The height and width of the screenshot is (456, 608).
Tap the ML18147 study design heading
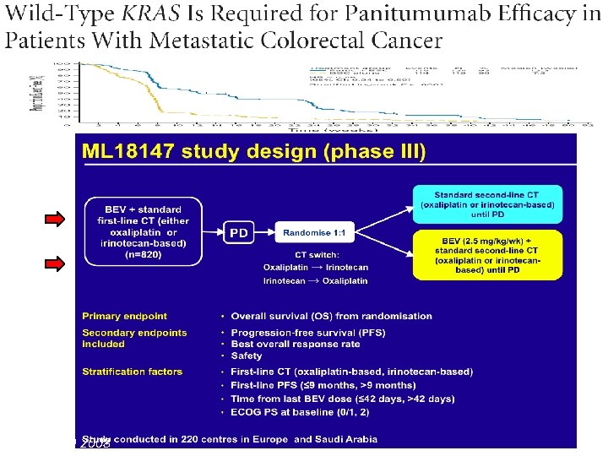click(253, 152)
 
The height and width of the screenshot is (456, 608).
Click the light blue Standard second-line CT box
click(494, 198)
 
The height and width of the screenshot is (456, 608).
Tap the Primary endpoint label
click(124, 316)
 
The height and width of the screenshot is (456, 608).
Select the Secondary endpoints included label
click(134, 338)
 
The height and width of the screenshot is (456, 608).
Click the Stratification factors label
click(132, 372)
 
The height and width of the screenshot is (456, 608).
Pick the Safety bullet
click(247, 356)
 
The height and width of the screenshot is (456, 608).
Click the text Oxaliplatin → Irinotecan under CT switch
click(316, 268)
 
